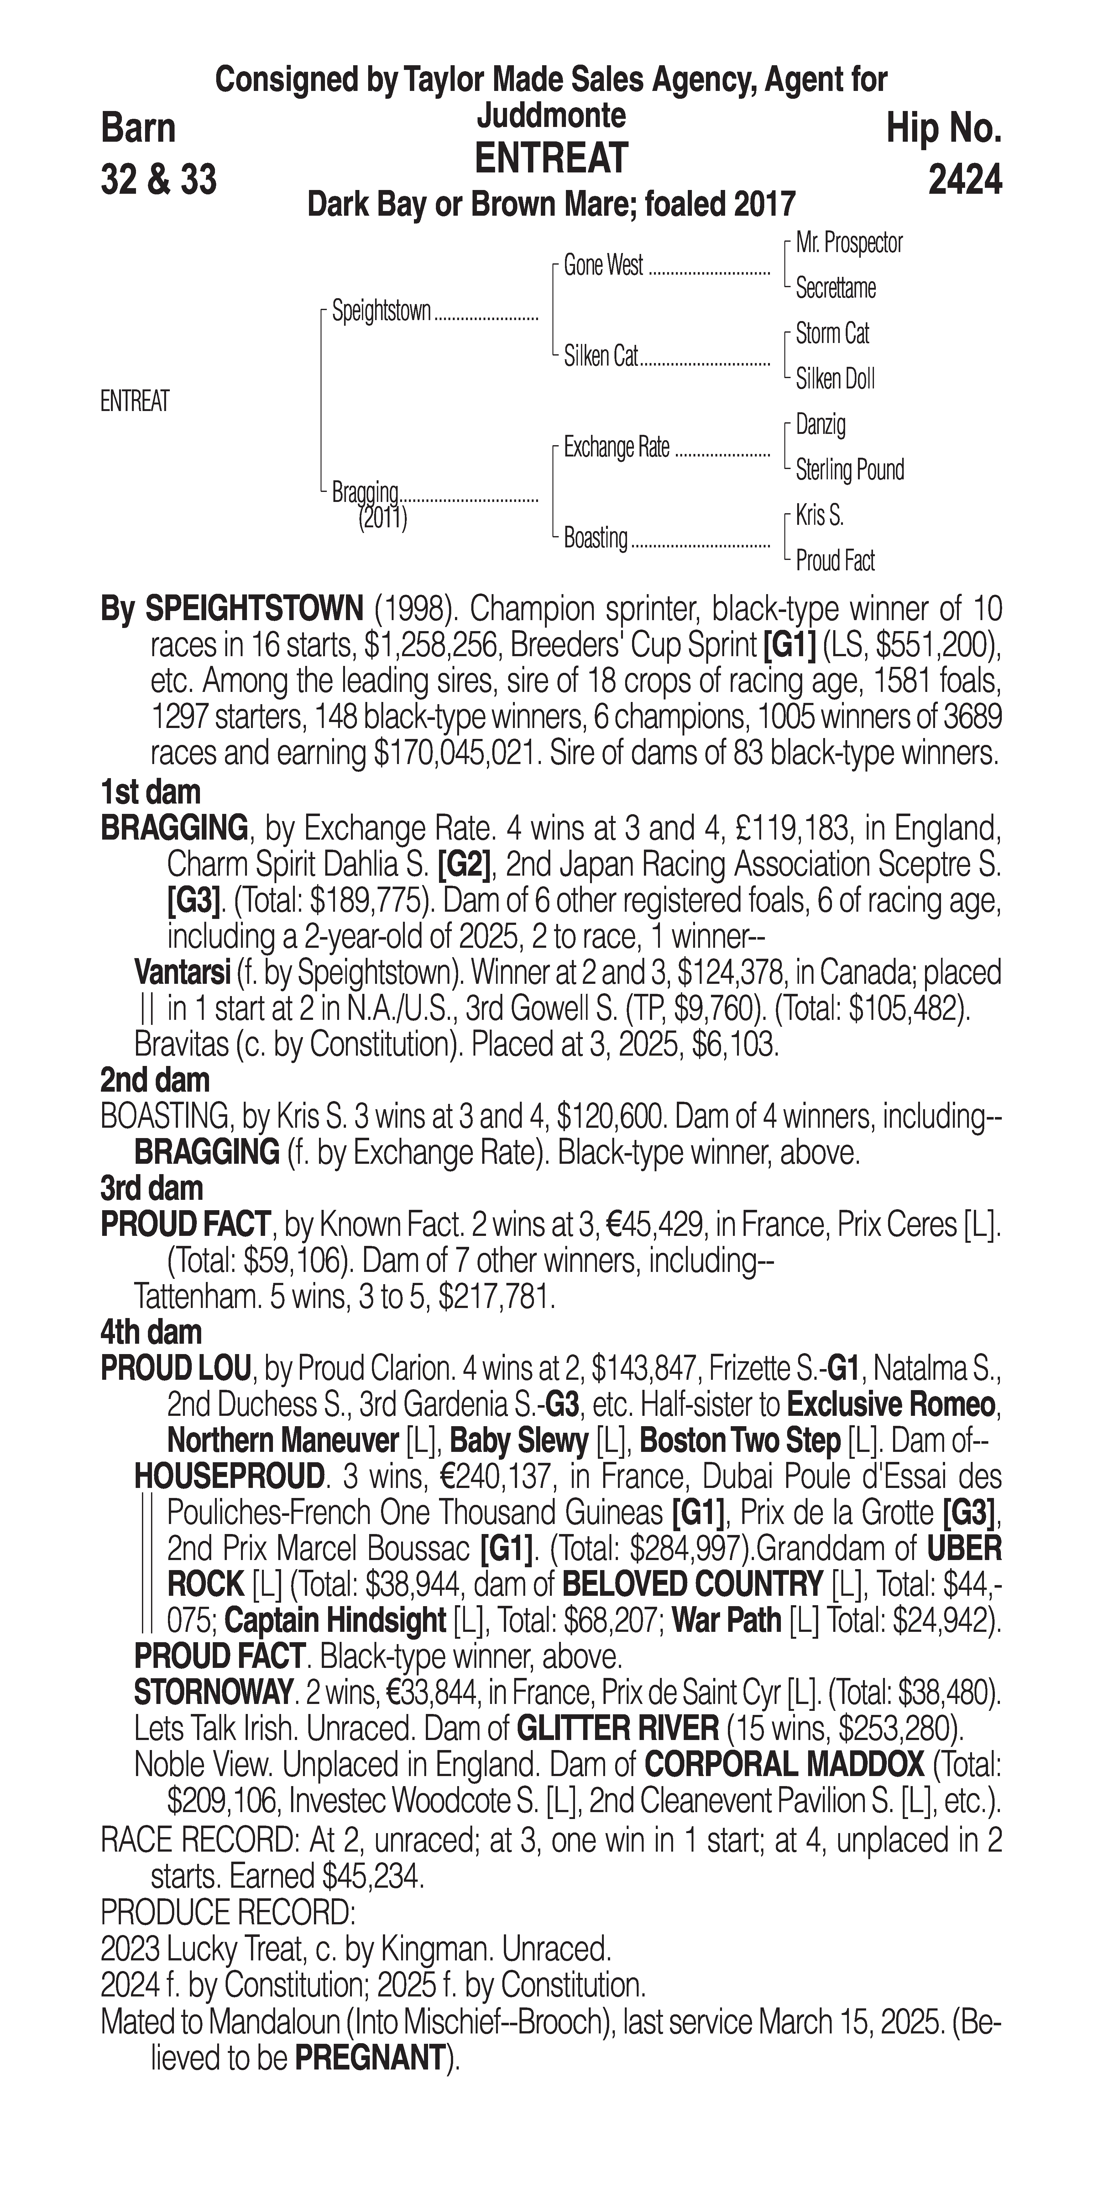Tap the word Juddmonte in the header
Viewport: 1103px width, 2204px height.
pos(551,115)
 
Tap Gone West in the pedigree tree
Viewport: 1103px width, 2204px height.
pos(603,266)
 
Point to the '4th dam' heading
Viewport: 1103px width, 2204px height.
pos(151,1332)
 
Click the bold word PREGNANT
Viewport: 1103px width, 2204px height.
pos(370,2058)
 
